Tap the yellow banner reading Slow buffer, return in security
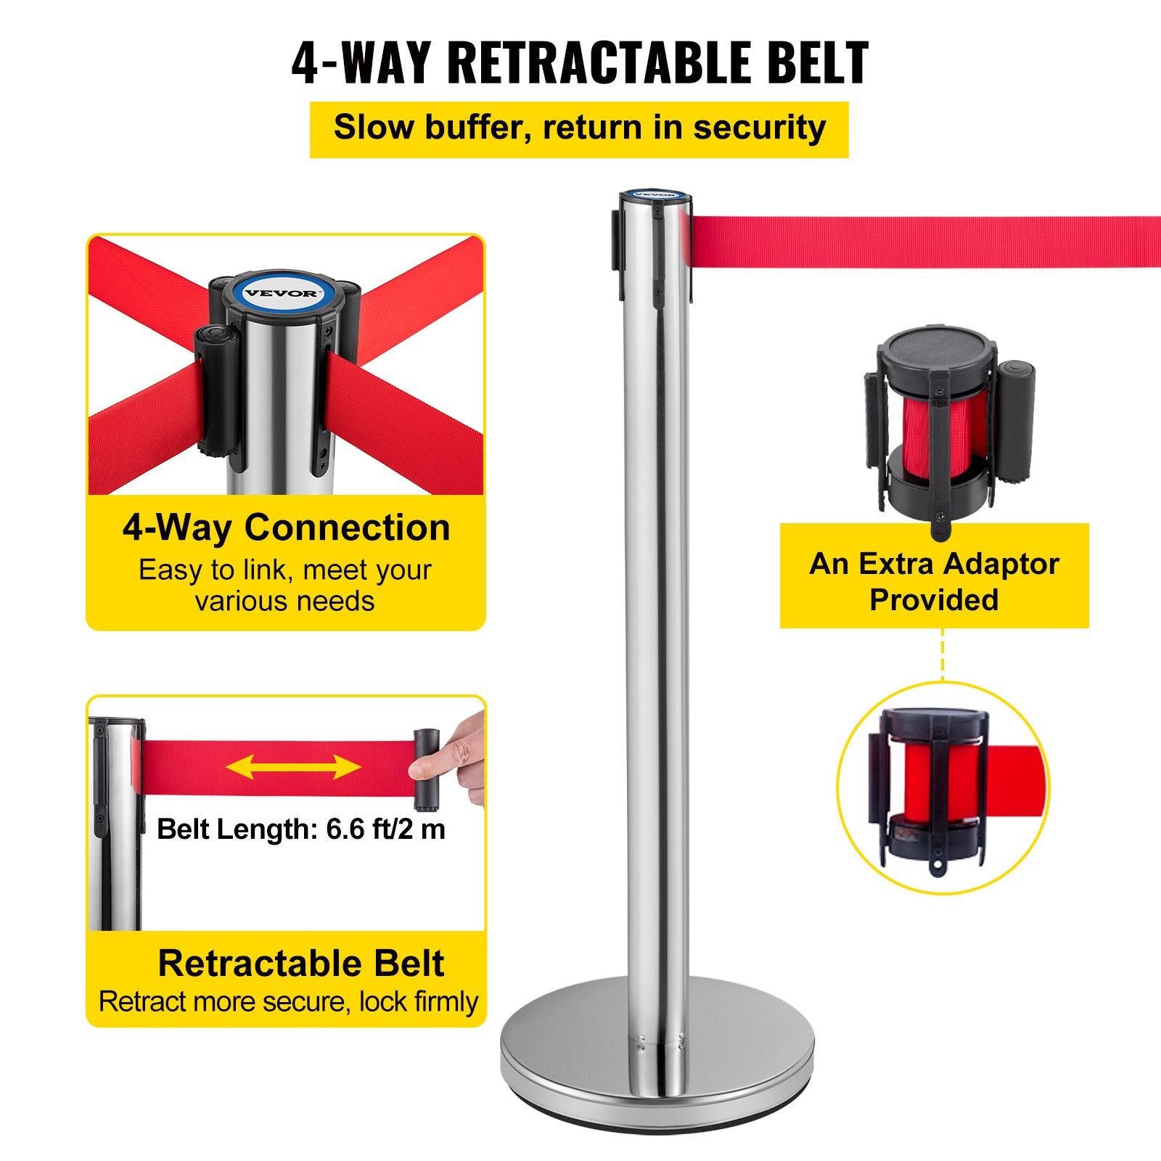[x=579, y=129]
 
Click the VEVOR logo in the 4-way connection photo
[x=280, y=293]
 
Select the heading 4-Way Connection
[x=286, y=528]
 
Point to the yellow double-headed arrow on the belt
[x=293, y=766]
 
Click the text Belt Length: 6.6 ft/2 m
[x=300, y=829]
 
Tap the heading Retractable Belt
[x=300, y=963]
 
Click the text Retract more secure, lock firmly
[x=288, y=1001]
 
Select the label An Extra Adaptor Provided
[x=934, y=581]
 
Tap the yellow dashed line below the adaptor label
[x=943, y=654]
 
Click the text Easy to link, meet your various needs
[x=285, y=586]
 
